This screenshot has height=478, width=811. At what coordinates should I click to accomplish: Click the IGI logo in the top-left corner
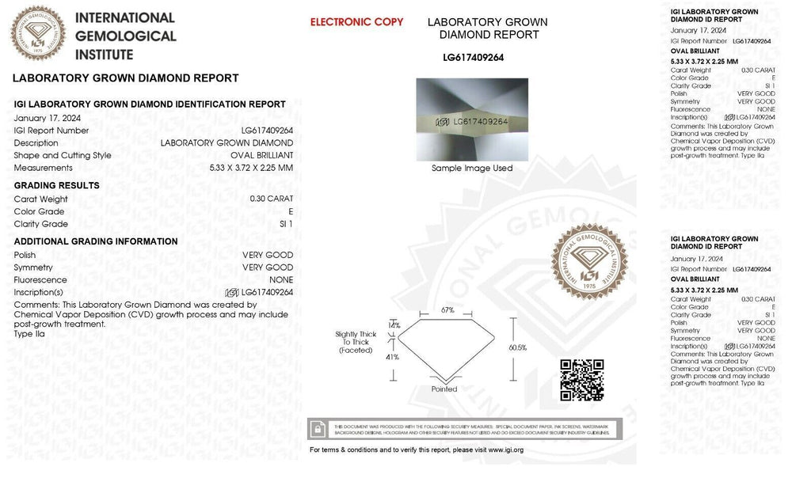pyautogui.click(x=37, y=32)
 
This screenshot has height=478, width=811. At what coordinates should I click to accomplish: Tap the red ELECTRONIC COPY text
pyautogui.click(x=356, y=22)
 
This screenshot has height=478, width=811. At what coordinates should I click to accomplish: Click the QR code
pyautogui.click(x=582, y=380)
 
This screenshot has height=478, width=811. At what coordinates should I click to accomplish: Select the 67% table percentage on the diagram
pyautogui.click(x=447, y=310)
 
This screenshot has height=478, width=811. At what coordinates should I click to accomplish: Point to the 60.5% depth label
pyautogui.click(x=519, y=347)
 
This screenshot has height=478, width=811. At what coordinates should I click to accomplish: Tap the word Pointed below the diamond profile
pyautogui.click(x=444, y=389)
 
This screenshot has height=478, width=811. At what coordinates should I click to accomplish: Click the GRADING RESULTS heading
pyautogui.click(x=57, y=185)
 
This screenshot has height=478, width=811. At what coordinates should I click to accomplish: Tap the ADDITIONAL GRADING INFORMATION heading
pyautogui.click(x=96, y=241)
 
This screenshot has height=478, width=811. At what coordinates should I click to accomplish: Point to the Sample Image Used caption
pyautogui.click(x=472, y=169)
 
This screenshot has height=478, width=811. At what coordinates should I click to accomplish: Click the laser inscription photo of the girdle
pyautogui.click(x=472, y=119)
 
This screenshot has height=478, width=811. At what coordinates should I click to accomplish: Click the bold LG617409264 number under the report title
pyautogui.click(x=473, y=57)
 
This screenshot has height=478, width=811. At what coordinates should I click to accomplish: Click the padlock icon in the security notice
pyautogui.click(x=318, y=428)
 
